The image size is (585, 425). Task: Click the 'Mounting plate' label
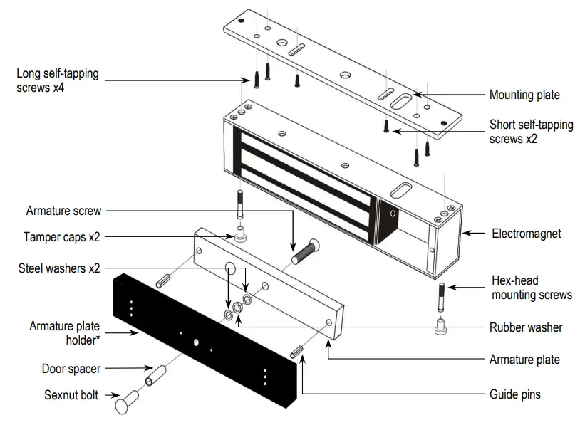pyautogui.click(x=524, y=95)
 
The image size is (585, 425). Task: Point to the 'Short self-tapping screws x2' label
pyautogui.click(x=531, y=132)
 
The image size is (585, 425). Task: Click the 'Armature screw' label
pyautogui.click(x=63, y=211)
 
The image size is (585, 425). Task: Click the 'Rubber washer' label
pyautogui.click(x=526, y=327)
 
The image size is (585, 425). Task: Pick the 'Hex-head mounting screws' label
pyautogui.click(x=531, y=288)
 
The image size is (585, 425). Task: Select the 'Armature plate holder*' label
pyautogui.click(x=64, y=332)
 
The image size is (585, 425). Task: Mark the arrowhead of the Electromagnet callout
pyautogui.click(x=464, y=233)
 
